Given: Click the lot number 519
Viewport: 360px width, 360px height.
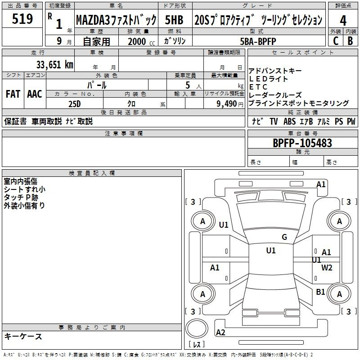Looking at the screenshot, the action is [x=22, y=18].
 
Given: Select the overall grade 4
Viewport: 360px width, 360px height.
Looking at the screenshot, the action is [x=343, y=21].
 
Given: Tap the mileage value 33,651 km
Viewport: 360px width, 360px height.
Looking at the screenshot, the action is [x=55, y=64].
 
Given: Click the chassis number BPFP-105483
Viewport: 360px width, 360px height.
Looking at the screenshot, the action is [x=302, y=143].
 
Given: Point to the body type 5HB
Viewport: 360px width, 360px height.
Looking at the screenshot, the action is [x=174, y=20].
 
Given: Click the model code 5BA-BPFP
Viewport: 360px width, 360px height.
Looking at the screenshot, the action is [x=258, y=41].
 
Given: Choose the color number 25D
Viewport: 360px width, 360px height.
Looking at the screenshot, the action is [x=75, y=104].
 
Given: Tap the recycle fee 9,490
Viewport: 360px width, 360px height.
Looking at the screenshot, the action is [x=227, y=104].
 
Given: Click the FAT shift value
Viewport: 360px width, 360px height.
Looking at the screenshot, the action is [x=13, y=94].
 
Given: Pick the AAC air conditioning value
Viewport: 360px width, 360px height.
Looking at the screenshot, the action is [x=35, y=94].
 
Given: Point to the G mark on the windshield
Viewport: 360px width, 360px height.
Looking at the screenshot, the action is [x=284, y=237].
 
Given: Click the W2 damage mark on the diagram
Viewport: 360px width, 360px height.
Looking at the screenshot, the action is [x=327, y=267].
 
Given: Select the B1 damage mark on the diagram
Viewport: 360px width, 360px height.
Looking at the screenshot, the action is [x=320, y=292].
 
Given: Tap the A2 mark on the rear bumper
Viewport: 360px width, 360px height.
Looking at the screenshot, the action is [x=220, y=332].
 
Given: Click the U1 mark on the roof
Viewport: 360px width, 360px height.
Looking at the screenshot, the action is [x=271, y=250].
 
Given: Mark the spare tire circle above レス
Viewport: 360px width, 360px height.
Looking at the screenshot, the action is [x=197, y=328].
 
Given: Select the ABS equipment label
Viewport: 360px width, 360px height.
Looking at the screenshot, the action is [x=289, y=121].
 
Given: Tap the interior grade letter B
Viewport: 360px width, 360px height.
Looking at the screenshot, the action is [x=351, y=41].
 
